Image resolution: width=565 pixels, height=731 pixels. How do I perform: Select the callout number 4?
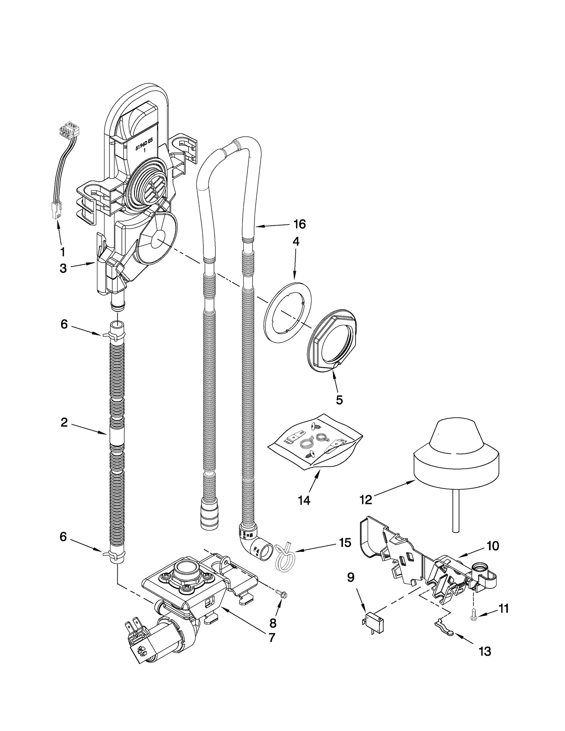pos(296,241)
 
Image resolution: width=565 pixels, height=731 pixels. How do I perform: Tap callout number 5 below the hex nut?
pos(339,400)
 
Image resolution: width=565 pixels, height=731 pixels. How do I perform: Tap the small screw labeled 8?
pos(282,594)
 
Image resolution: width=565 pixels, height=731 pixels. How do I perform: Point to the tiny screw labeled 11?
pos(473,615)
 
